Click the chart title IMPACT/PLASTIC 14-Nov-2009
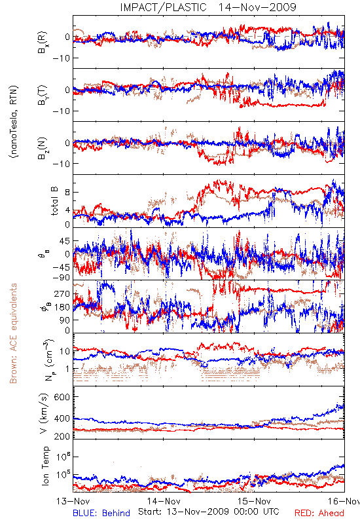click(x=207, y=7)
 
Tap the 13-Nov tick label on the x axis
click(x=73, y=501)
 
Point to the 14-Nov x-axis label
click(x=164, y=501)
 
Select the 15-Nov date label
click(x=254, y=501)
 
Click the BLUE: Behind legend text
click(x=101, y=513)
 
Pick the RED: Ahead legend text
click(x=319, y=513)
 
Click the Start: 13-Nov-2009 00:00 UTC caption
click(x=209, y=512)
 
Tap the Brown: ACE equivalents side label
click(x=13, y=333)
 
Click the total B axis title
click(x=54, y=201)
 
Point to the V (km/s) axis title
click(x=44, y=413)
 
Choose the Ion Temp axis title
click(x=45, y=466)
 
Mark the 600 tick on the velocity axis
click(x=62, y=397)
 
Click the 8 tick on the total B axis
click(x=67, y=192)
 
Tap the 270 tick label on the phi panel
click(x=62, y=293)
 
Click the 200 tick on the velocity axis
click(x=62, y=436)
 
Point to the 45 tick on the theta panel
click(x=64, y=241)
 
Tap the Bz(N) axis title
click(x=43, y=148)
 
